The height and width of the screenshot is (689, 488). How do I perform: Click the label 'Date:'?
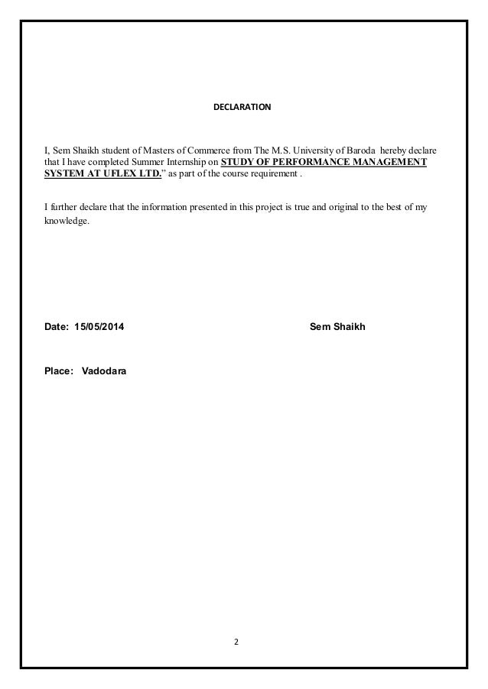tap(57, 327)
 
